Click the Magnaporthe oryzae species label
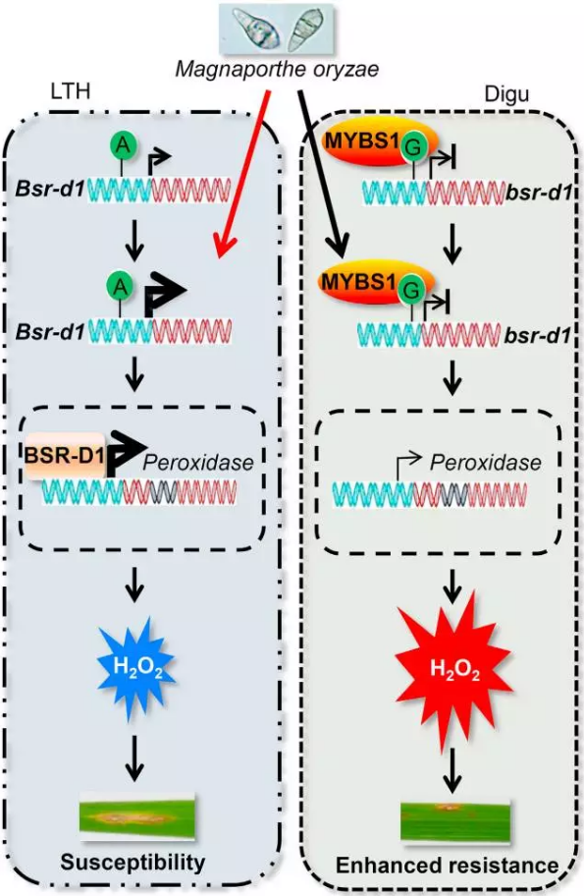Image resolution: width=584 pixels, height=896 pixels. click(277, 70)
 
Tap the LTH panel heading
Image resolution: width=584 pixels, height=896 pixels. click(71, 91)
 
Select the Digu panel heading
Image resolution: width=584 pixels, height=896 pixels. click(506, 93)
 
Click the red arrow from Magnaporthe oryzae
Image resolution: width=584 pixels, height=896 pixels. click(241, 174)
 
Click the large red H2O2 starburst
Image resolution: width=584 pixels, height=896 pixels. click(454, 670)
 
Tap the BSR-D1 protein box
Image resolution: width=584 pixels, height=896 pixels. click(65, 456)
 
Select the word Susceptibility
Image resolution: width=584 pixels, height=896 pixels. click(133, 863)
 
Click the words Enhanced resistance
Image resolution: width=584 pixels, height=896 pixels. click(447, 866)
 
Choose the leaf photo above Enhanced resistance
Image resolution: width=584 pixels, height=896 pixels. click(455, 820)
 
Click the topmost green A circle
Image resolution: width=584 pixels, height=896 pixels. click(123, 145)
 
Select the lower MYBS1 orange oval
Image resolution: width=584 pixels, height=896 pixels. click(376, 284)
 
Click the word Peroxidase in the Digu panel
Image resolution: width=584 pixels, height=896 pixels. click(485, 462)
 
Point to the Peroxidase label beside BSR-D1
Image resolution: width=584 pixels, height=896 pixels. click(198, 462)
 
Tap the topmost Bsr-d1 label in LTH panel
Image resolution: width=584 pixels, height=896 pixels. click(50, 188)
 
